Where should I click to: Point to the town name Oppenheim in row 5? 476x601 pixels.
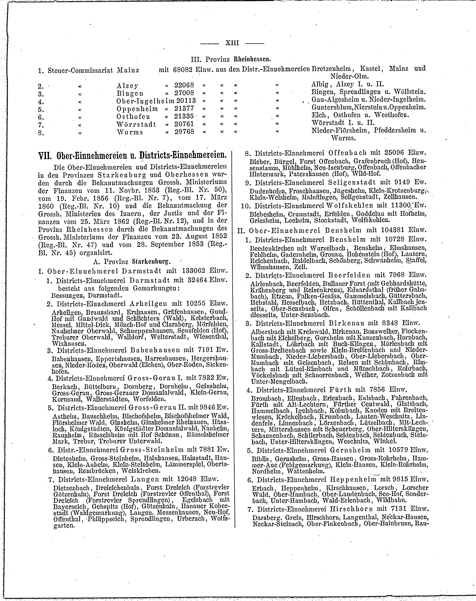(137, 109)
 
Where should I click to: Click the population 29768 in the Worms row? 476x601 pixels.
(184, 132)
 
